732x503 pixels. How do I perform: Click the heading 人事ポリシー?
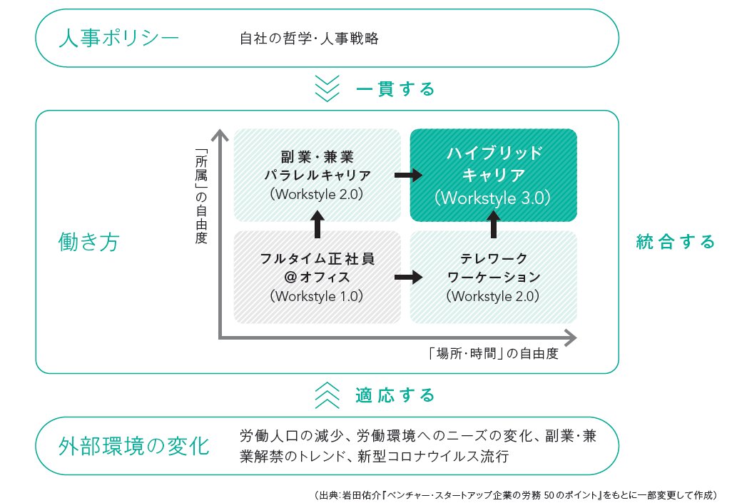click(x=118, y=37)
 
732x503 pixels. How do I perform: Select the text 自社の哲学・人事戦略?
click(x=309, y=38)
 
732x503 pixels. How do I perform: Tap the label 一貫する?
click(x=395, y=90)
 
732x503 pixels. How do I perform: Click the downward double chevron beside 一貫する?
click(x=327, y=89)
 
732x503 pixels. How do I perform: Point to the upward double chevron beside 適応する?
click(x=327, y=394)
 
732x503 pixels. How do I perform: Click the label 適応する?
click(x=395, y=395)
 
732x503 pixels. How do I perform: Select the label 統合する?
click(x=675, y=242)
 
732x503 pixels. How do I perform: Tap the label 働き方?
click(x=88, y=243)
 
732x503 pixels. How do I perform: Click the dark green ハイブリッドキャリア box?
click(x=493, y=175)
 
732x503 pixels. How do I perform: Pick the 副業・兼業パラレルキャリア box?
click(x=317, y=175)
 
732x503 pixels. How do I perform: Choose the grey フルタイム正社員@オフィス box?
click(x=317, y=277)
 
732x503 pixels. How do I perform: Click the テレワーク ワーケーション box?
click(x=493, y=277)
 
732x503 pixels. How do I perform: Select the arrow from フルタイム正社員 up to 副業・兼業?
click(x=317, y=225)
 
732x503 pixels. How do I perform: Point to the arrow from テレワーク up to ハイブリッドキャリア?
click(x=493, y=225)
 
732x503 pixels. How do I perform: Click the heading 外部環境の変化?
click(x=133, y=447)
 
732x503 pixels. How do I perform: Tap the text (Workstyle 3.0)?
click(x=493, y=198)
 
